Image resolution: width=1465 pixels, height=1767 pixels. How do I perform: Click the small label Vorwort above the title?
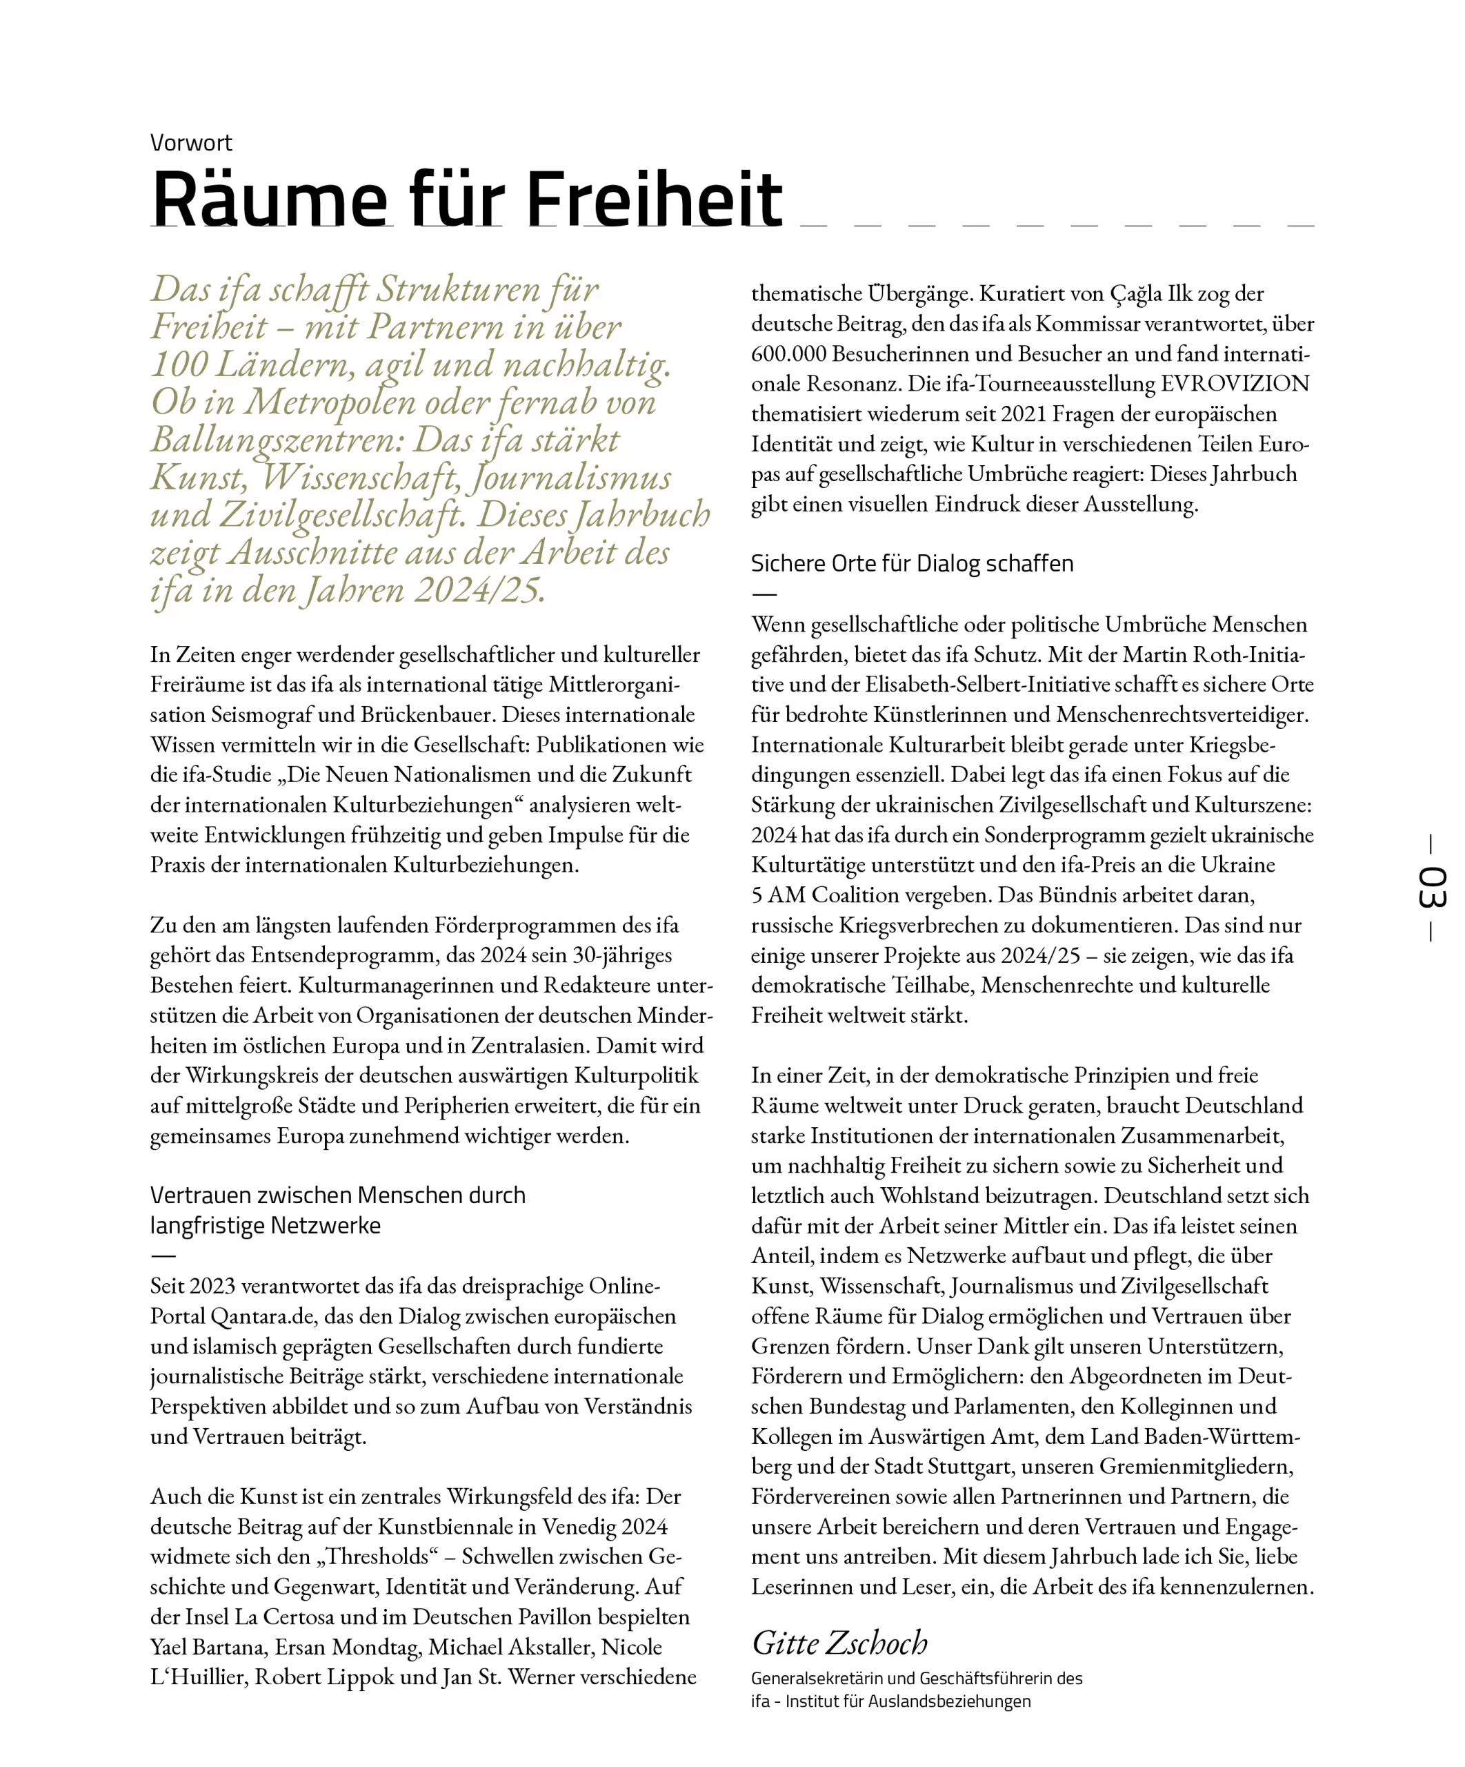click(x=191, y=143)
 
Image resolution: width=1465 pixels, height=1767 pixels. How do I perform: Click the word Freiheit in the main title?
click(x=655, y=199)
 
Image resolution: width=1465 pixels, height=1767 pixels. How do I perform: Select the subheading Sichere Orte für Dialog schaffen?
click(x=912, y=564)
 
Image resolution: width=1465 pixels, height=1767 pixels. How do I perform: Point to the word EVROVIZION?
click(x=1235, y=384)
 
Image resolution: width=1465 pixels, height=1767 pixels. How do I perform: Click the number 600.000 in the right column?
click(x=790, y=353)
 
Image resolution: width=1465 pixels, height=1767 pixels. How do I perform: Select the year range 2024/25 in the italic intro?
click(x=479, y=590)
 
